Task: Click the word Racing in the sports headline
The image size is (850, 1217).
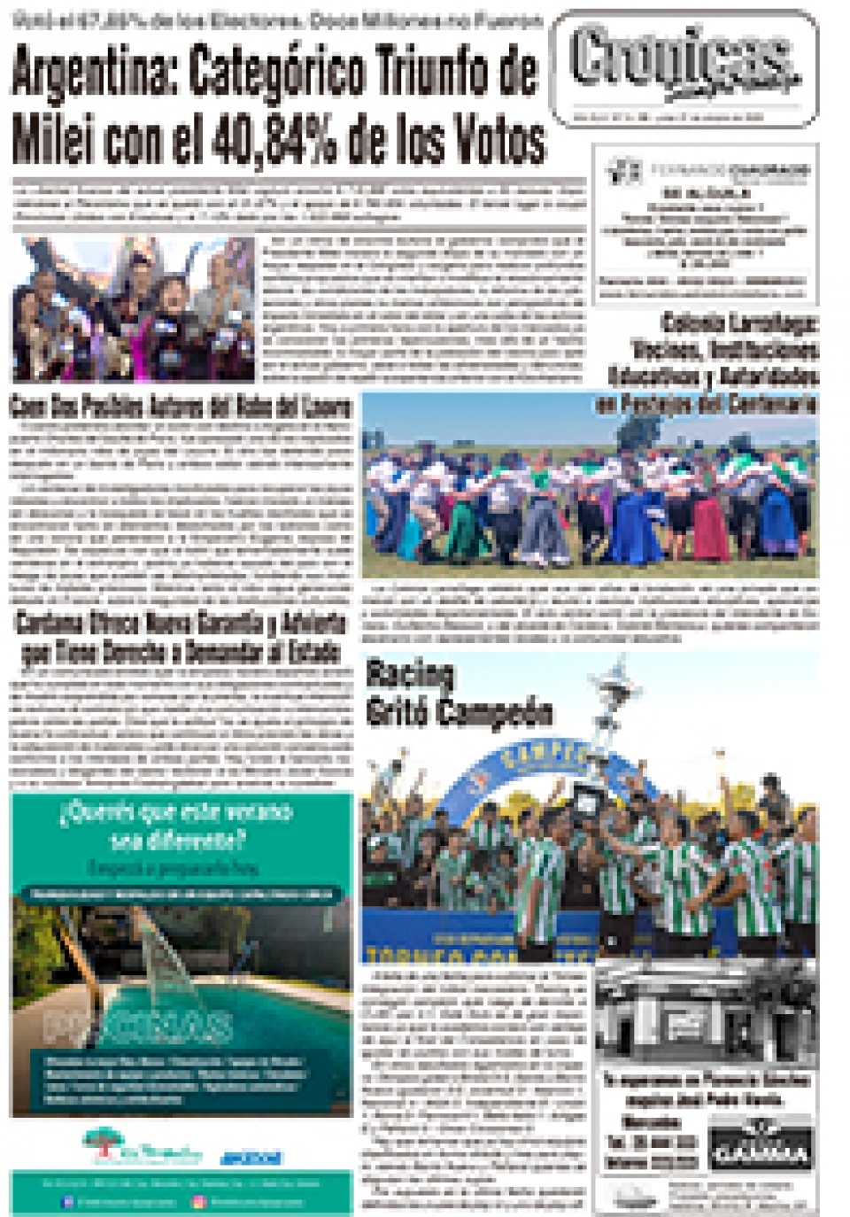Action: [410, 676]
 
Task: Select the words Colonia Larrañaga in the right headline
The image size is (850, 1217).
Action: [739, 323]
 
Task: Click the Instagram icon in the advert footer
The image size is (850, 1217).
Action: [198, 1202]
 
